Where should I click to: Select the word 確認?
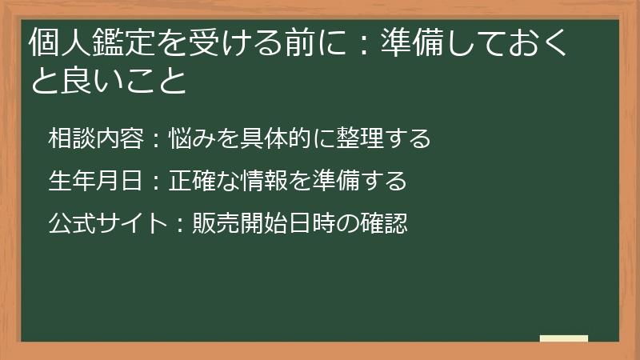pos(385,223)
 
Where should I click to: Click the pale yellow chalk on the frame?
pos(563,339)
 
